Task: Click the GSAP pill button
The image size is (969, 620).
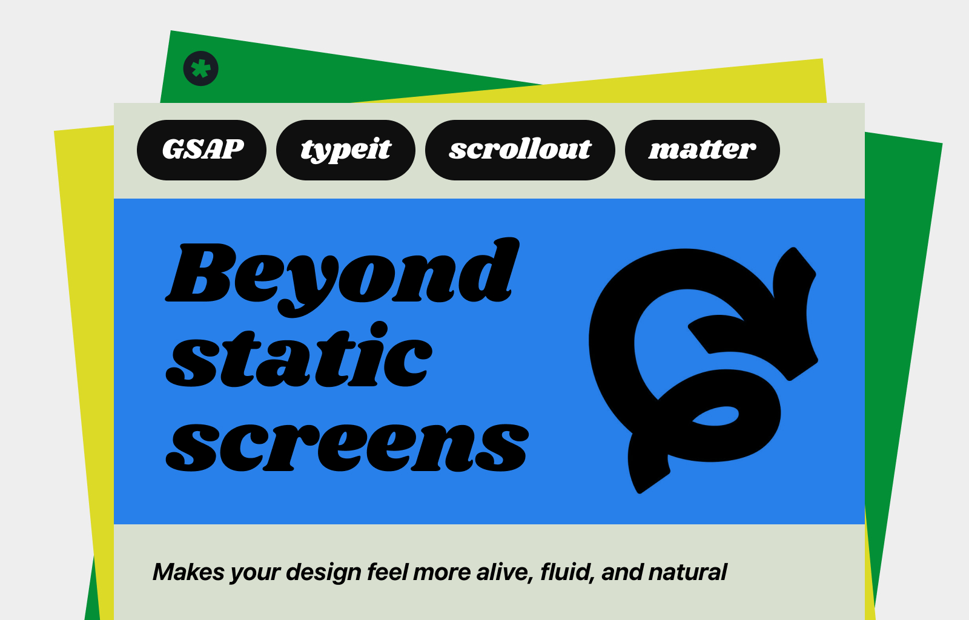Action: (202, 150)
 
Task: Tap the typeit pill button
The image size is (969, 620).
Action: (346, 150)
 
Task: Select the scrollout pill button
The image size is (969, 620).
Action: (520, 150)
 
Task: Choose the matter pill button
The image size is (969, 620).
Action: (703, 150)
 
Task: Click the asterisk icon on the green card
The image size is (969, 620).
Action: (200, 68)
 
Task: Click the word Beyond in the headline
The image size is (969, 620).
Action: (342, 277)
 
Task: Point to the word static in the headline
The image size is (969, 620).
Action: (299, 355)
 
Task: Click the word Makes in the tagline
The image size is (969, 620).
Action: (188, 572)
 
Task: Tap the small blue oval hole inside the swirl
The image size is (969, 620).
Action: (715, 416)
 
